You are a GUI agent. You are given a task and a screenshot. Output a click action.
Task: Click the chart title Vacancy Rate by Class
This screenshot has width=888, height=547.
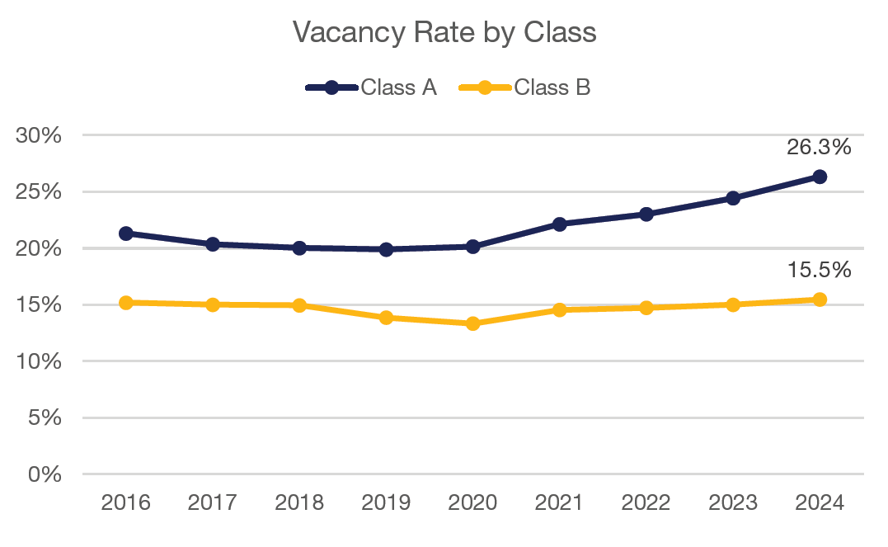pos(444,32)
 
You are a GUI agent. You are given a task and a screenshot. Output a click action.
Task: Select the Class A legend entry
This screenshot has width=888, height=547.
pos(370,87)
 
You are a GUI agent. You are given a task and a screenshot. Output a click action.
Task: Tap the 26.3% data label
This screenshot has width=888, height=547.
pos(818,148)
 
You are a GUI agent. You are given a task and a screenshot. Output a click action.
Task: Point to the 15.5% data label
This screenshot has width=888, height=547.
pos(818,270)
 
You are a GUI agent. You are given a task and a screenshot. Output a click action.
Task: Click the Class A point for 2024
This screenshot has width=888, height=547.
pos(820,177)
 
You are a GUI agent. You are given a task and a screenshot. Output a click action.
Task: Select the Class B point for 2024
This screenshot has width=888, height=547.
pos(820,299)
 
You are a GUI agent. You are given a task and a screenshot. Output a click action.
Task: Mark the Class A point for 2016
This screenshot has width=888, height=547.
pos(126,233)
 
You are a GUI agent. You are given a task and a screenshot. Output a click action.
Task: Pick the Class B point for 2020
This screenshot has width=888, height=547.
pos(472,323)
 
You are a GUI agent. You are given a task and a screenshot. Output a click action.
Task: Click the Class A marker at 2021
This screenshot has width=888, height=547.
pos(560,224)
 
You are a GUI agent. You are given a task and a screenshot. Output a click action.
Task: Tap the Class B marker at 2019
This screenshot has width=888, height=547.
pos(386,318)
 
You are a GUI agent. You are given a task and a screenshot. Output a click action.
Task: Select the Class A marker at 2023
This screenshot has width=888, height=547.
pos(733,198)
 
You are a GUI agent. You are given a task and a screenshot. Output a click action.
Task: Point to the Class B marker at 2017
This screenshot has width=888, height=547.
pos(213,304)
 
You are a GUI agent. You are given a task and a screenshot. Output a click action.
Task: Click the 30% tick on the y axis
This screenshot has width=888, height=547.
pos(40,135)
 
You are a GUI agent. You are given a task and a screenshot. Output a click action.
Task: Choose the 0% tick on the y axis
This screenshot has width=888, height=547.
pos(45,474)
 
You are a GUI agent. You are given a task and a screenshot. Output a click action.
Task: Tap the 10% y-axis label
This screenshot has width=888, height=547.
pos(40,361)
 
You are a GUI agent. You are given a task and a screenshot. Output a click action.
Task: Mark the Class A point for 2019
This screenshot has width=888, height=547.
pos(386,249)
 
